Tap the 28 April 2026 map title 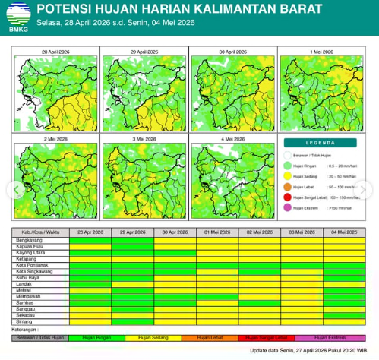tap(55, 52)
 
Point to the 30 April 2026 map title tap(232, 52)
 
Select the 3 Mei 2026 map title tap(144, 140)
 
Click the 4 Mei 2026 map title tap(232, 140)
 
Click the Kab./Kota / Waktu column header tap(39, 232)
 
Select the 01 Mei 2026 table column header tap(217, 232)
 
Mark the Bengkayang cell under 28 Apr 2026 tap(90, 239)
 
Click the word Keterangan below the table tap(25, 330)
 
